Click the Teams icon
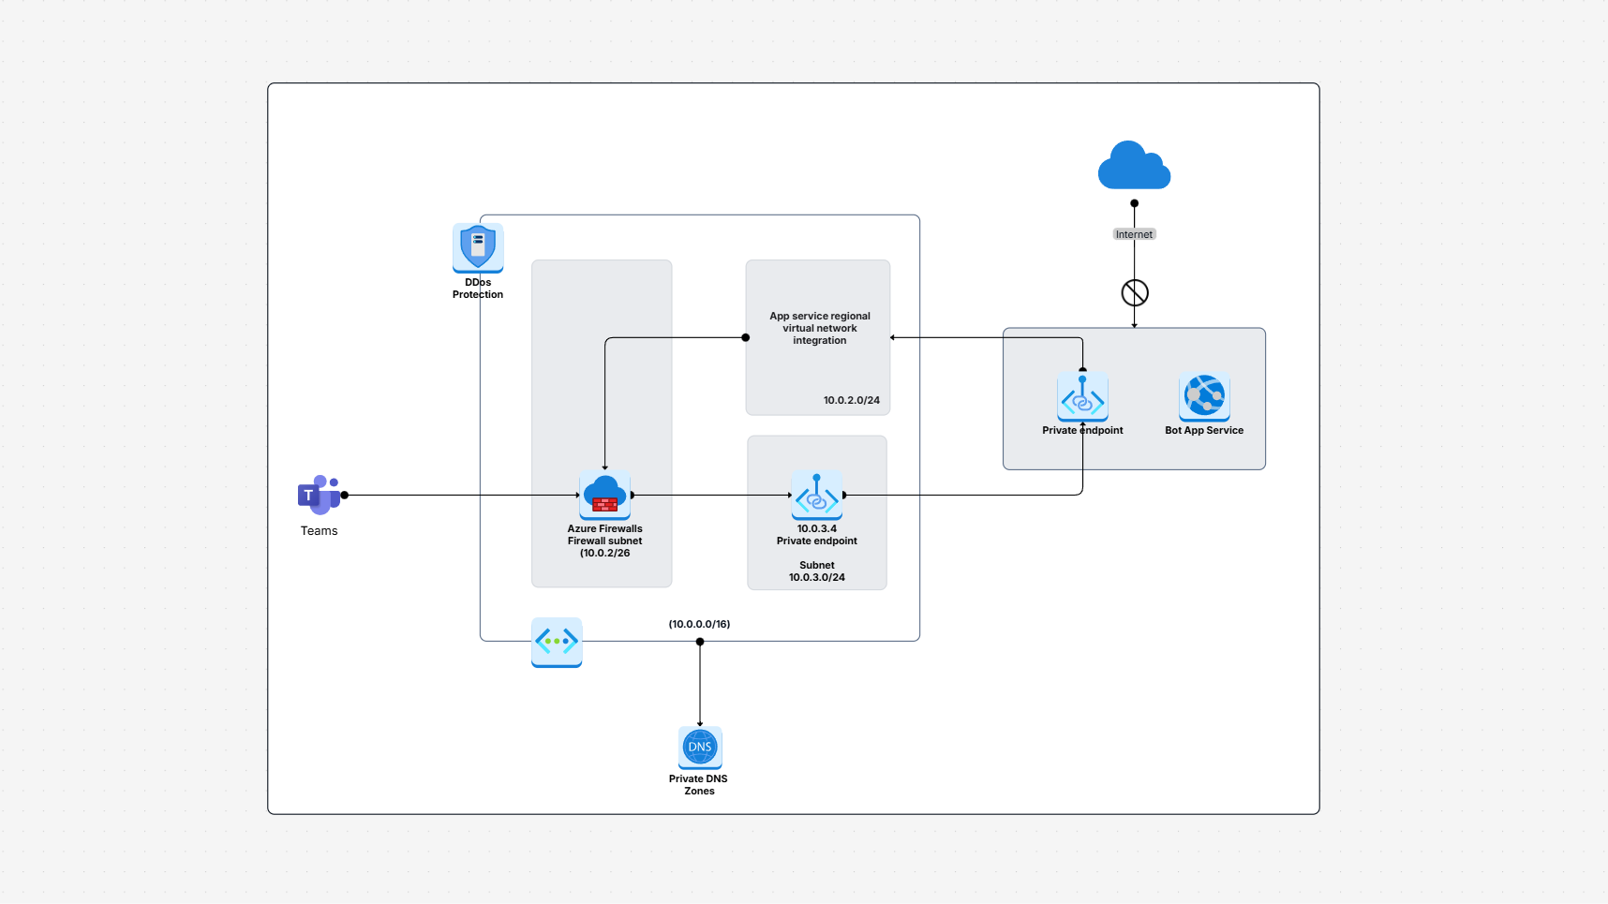pos(319,495)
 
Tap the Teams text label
pos(319,531)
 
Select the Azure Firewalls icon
pos(604,495)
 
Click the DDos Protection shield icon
pos(478,247)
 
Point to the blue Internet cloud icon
pos(1134,167)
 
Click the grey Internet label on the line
pos(1134,234)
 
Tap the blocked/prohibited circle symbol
pos(1135,293)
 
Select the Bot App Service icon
pos(1204,396)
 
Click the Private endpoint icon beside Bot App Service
pos(1082,397)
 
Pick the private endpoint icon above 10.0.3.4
pos(816,495)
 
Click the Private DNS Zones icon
pos(700,748)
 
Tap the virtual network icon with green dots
pos(557,642)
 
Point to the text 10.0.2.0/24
pos(851,400)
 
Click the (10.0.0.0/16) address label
pos(699,624)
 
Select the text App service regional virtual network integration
pos(820,329)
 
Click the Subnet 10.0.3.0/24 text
pos(816,571)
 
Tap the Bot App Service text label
pos(1204,431)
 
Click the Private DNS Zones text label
pos(698,785)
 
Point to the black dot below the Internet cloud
pos(1134,203)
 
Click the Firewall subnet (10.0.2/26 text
pos(604,547)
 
